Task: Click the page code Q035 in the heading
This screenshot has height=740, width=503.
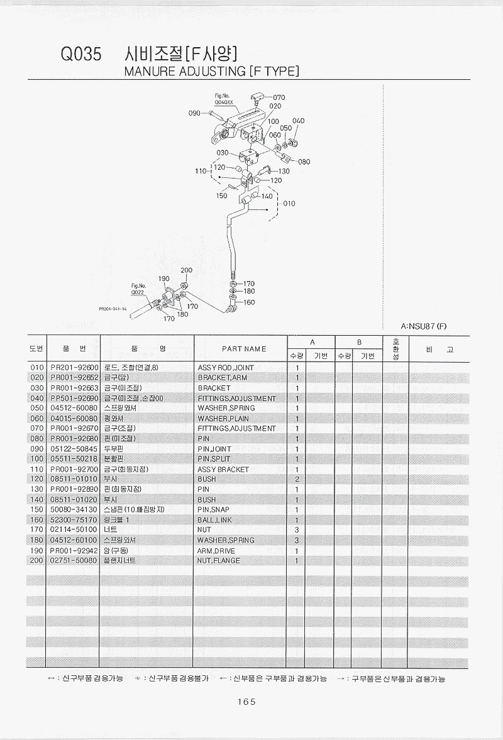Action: coord(80,55)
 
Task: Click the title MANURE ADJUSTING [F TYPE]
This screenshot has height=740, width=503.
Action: coord(211,71)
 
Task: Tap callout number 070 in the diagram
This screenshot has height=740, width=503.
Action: coord(279,97)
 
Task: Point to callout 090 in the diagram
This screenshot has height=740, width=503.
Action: coord(194,113)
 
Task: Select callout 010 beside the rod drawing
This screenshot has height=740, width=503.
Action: coord(289,204)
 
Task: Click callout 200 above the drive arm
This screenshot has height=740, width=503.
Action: coord(186,270)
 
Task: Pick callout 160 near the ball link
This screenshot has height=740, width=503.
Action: coord(249,302)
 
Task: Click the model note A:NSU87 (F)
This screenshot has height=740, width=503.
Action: coord(423,326)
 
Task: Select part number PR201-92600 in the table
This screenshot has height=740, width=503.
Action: coord(74,368)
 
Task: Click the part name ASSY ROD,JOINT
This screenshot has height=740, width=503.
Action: coord(226,368)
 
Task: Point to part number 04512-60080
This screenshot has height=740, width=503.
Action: coord(74,408)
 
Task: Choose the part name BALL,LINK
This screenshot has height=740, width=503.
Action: coord(214,520)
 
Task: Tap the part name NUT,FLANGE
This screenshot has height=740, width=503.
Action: coord(218,560)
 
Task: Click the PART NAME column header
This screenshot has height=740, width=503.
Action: coord(244,349)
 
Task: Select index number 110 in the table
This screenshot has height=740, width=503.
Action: coord(36,469)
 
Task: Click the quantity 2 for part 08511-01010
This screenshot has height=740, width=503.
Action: coord(296,479)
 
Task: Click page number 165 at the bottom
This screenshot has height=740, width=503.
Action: coord(246,702)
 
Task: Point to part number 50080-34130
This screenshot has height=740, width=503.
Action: coord(74,509)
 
